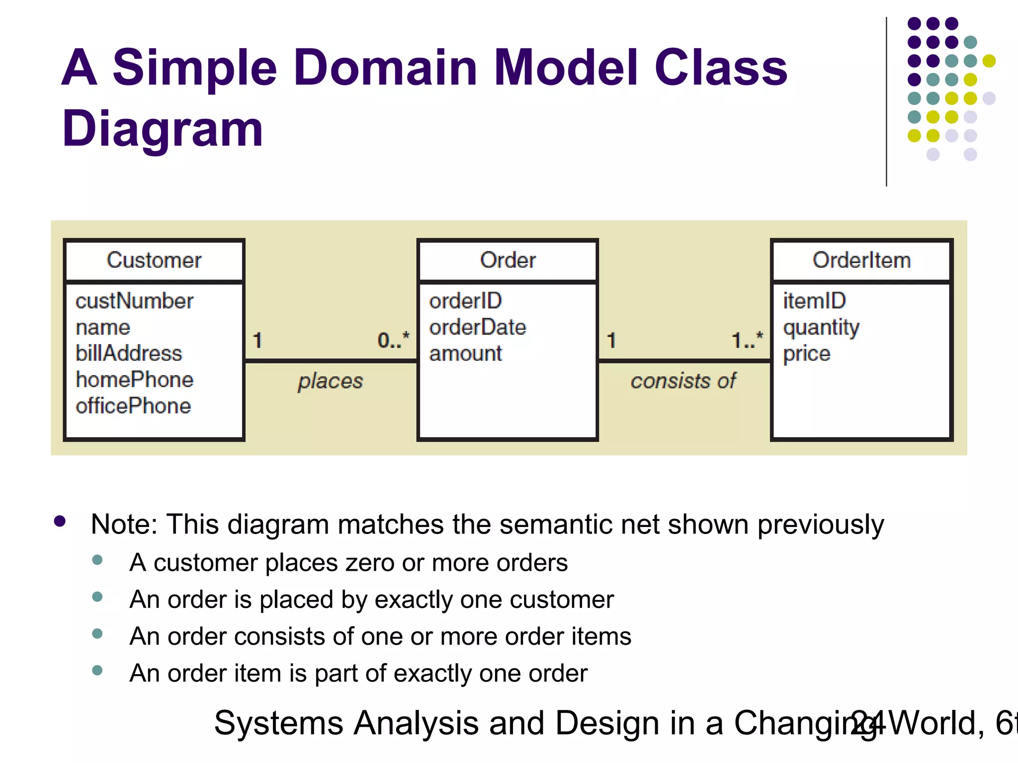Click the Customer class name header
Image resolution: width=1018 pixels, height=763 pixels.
[154, 260]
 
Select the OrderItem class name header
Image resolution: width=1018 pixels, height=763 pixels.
[861, 260]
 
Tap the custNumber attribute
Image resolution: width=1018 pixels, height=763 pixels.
[134, 301]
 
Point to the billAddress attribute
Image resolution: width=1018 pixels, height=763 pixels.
[129, 353]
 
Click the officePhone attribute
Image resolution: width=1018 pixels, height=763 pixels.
[133, 406]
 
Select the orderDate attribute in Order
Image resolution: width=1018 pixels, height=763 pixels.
[477, 327]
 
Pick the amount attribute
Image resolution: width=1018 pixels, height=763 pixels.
[465, 354]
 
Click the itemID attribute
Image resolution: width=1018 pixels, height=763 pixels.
[814, 301]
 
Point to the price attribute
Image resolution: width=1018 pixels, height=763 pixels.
[806, 354]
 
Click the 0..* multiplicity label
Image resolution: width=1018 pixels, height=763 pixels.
[393, 340]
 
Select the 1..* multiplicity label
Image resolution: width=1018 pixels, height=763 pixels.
[747, 340]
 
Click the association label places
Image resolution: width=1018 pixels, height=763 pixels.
[330, 381]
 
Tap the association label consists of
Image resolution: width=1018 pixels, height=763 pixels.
[683, 381]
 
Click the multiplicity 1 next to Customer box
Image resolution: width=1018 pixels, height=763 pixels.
[257, 341]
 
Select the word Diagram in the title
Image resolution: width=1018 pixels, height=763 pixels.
[162, 129]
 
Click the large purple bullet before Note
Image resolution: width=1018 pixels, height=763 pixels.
[60, 521]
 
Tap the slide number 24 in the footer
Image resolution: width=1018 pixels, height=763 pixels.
[867, 723]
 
